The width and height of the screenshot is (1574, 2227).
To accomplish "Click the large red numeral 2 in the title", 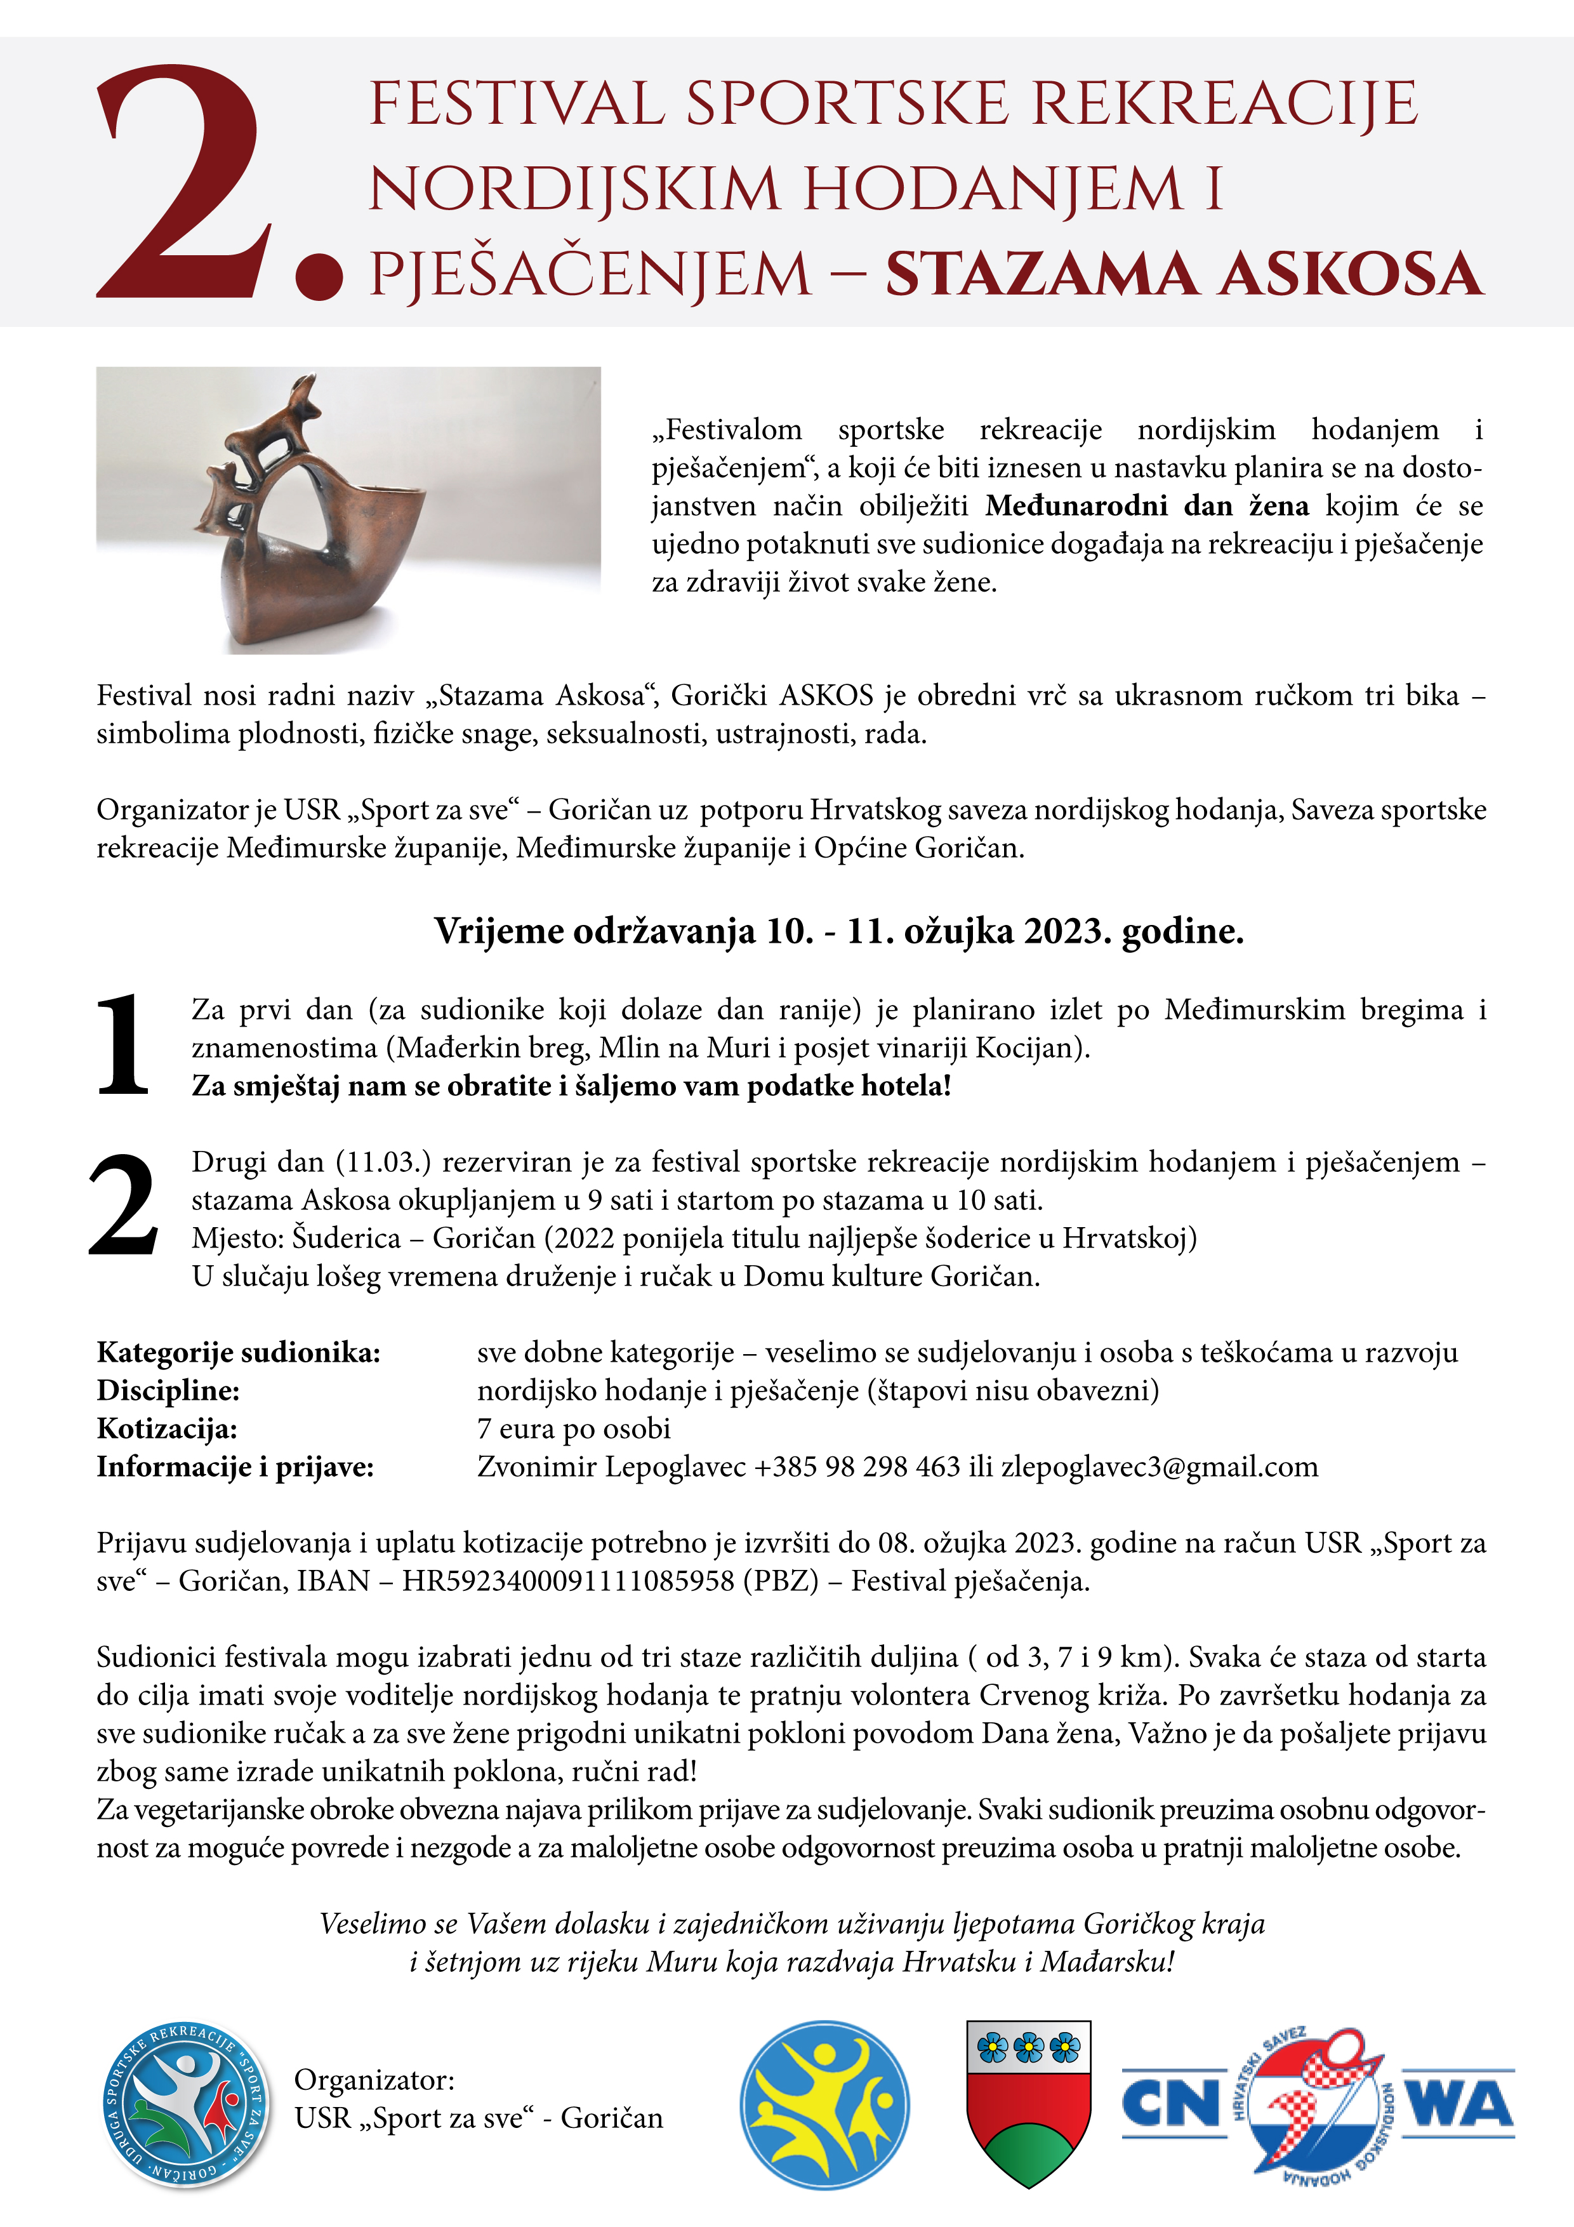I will click(184, 184).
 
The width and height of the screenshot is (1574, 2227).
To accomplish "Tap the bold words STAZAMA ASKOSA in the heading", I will click(1183, 274).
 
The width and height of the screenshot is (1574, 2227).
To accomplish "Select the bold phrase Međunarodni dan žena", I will click(1146, 505).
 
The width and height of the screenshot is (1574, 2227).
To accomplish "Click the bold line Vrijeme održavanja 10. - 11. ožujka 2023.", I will click(839, 931).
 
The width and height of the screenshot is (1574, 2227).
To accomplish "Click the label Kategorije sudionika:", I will click(239, 1352).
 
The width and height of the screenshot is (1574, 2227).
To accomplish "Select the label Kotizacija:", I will click(167, 1429).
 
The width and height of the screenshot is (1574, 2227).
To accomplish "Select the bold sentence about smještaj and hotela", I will click(571, 1086).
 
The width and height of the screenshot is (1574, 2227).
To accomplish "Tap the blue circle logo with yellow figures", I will click(824, 2104).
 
